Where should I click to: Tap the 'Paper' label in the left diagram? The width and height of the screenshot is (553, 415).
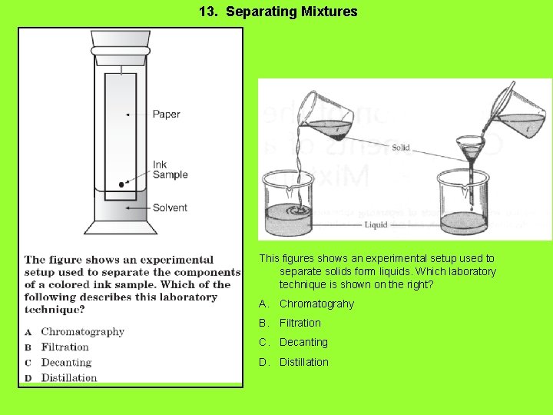166,115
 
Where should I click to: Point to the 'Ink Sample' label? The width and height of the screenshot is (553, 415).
170,169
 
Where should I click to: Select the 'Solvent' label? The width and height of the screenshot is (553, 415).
170,207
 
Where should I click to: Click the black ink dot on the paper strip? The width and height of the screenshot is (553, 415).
121,184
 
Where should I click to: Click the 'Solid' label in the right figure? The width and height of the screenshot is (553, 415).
401,148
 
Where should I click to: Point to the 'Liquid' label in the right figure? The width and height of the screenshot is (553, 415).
375,225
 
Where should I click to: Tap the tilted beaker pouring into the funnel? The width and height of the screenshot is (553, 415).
518,114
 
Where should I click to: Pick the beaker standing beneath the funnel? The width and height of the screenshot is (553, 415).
463,204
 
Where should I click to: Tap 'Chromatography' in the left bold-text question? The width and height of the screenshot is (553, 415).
82,332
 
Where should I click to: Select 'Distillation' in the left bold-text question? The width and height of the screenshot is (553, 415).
69,377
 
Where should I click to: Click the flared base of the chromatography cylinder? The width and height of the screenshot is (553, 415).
121,227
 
